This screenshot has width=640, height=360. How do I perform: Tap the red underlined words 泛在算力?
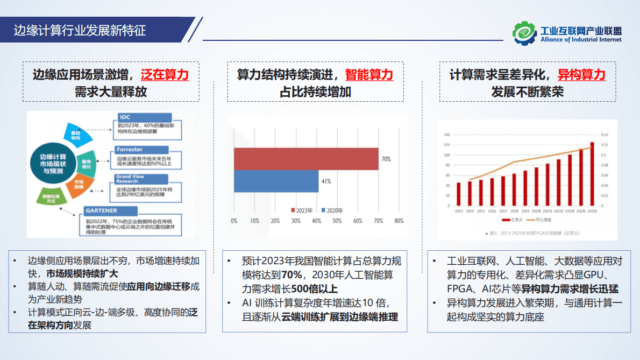[165, 75]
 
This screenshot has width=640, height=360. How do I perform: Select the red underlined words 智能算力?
[369, 75]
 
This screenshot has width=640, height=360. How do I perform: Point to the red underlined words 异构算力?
[581, 75]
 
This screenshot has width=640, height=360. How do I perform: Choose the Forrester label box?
[141, 150]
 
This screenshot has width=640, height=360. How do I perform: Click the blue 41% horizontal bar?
[276, 181]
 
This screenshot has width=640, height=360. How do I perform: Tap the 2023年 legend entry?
[302, 210]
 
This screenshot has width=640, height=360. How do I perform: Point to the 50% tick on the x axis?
[337, 221]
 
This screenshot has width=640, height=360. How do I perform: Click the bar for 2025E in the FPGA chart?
[592, 175]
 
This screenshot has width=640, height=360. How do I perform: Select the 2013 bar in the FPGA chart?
[459, 195]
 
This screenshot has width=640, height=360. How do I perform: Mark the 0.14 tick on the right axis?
[604, 135]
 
